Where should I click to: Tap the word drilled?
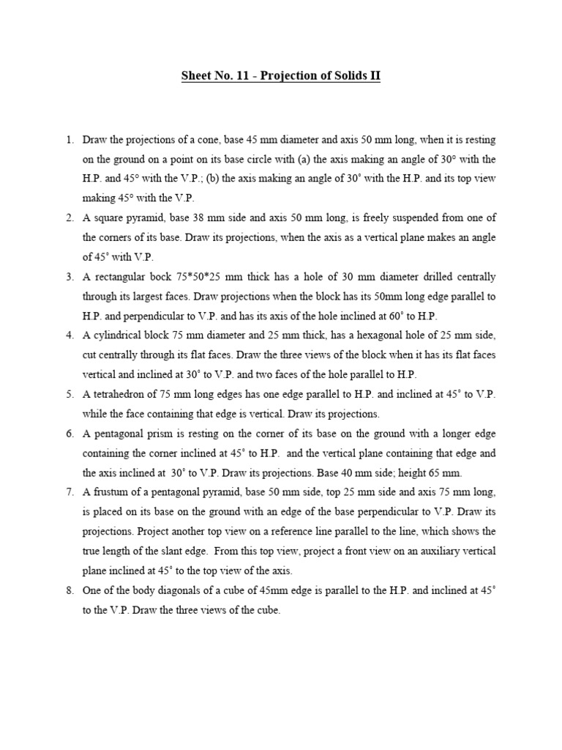(x=435, y=278)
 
